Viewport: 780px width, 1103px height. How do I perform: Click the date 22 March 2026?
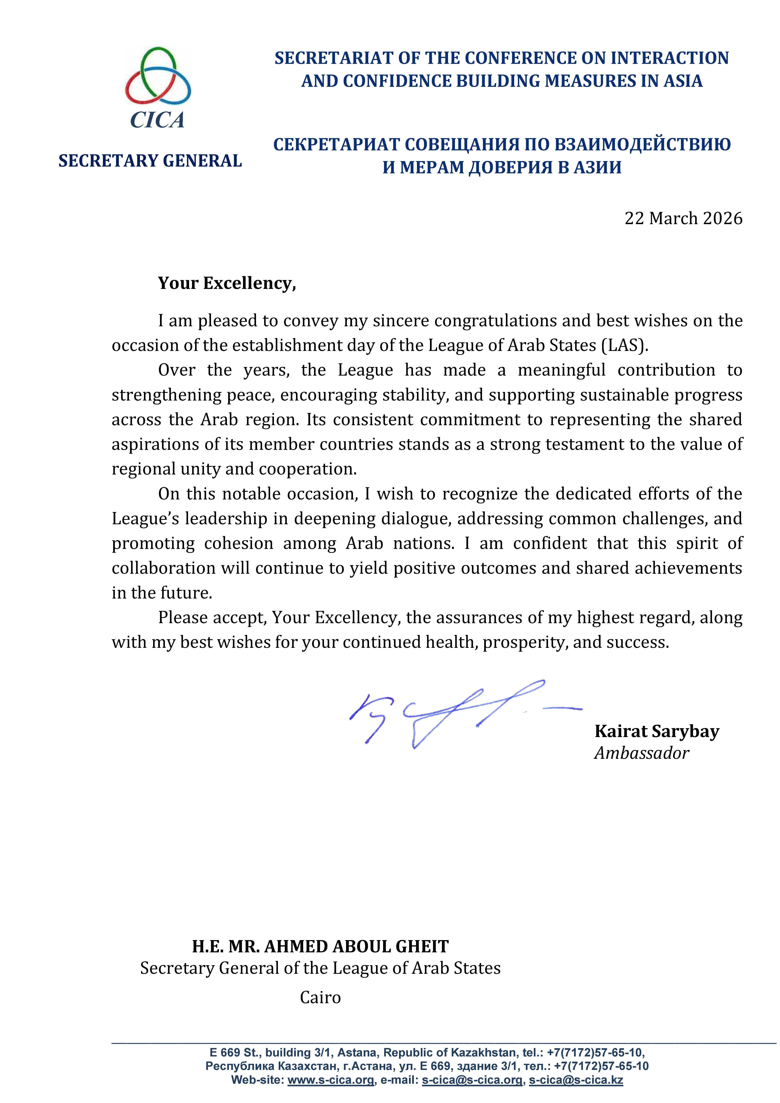683,219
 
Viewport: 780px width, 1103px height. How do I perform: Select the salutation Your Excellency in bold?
227,283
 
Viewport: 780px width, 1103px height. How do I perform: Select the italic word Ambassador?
642,753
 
